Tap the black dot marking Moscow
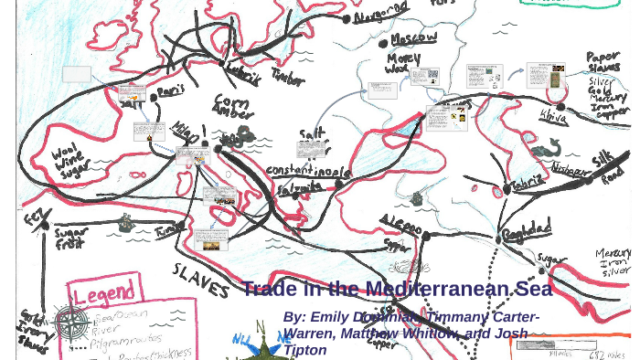tap(384, 43)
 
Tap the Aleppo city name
tap(401, 225)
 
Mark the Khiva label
tap(552, 116)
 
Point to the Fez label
tap(35, 217)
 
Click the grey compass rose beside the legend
tap(70, 323)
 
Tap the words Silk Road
tap(608, 167)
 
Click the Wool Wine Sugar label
tap(71, 161)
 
